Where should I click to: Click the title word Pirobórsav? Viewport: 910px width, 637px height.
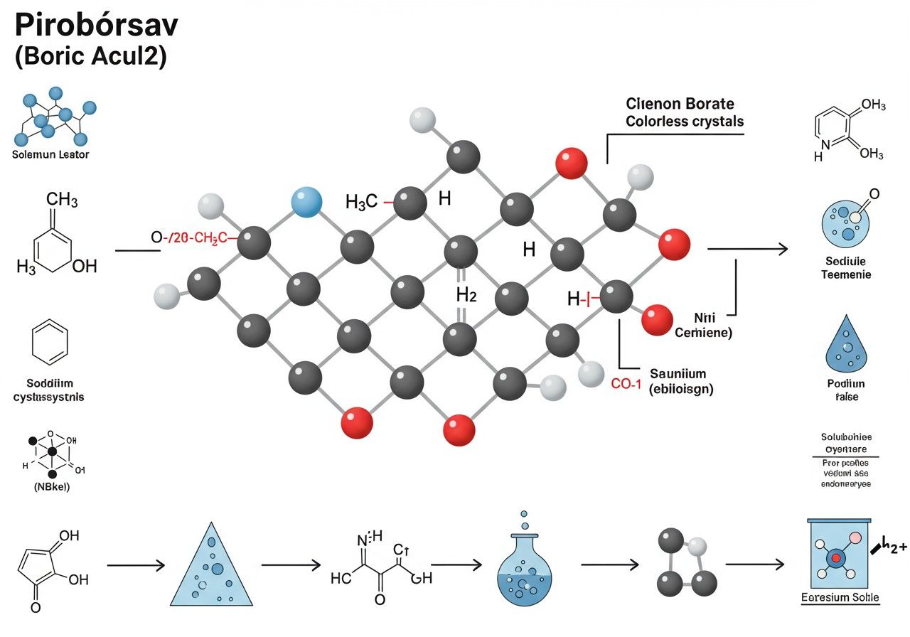tap(97, 25)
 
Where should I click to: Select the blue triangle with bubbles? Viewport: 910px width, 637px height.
tap(212, 564)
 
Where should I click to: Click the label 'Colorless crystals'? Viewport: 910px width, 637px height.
tap(685, 122)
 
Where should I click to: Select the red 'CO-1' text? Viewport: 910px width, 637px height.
tap(626, 384)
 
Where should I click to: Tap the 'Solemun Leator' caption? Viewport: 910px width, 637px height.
tap(51, 154)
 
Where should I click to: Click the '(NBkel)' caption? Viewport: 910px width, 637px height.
tap(48, 488)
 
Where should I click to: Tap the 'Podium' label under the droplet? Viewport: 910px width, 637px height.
tap(846, 384)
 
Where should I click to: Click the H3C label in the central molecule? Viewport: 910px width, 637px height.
tap(361, 202)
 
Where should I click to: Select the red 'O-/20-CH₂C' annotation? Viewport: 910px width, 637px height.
tap(189, 237)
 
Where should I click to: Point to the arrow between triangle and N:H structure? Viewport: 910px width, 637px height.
tap(291, 566)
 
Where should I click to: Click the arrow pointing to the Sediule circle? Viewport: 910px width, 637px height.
tap(747, 249)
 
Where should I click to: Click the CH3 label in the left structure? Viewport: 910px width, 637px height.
tap(62, 200)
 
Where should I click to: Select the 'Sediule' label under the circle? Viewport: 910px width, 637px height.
tap(846, 260)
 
